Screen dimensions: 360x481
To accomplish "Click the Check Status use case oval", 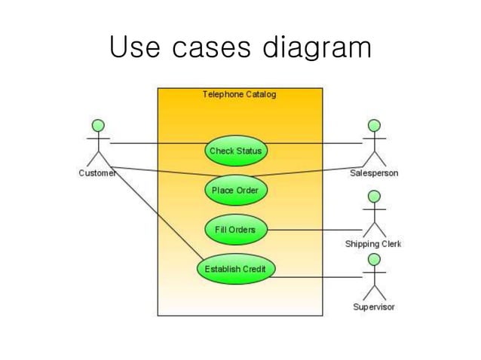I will [235, 151].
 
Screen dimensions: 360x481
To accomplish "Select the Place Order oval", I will [235, 191].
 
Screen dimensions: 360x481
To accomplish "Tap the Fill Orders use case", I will [235, 230].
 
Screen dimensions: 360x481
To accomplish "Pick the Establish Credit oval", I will [235, 269].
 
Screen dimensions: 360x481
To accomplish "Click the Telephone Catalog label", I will [239, 94].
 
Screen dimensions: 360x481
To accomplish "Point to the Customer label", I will [97, 173].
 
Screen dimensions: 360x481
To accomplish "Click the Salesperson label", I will [374, 173].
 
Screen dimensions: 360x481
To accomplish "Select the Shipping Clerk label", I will [373, 243].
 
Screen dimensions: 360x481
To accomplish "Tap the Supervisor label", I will [373, 307].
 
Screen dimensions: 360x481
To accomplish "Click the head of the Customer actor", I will [98, 124].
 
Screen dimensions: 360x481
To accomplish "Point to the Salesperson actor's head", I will [374, 124].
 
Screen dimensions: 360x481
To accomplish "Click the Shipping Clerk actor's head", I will [374, 196].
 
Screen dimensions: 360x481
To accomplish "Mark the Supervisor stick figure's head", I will [374, 260].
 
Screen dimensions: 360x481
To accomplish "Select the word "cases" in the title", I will [212, 47].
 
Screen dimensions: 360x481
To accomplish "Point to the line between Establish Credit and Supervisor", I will [317, 277].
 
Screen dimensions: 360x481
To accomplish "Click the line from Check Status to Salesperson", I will [313, 143].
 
